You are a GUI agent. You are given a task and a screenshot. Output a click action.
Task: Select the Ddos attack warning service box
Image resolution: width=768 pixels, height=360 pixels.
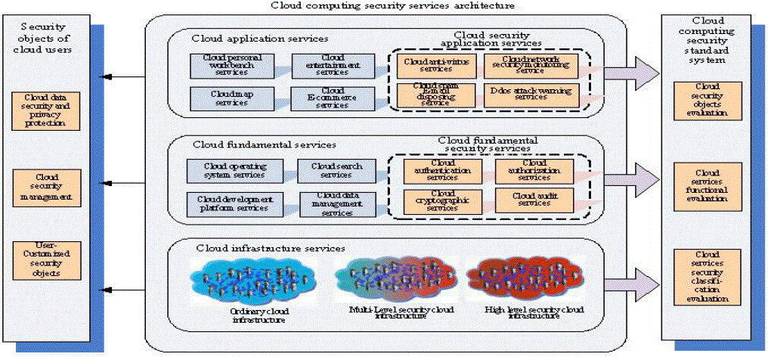(530, 95)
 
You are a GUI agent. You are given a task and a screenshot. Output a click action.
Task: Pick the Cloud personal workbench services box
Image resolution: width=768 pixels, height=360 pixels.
(221, 64)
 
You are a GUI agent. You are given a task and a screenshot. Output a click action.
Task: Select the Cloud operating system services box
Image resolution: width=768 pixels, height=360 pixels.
(234, 170)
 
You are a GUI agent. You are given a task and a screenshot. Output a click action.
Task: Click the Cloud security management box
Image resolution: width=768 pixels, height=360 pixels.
(46, 188)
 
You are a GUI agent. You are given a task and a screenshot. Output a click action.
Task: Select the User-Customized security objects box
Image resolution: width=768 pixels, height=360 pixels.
(46, 261)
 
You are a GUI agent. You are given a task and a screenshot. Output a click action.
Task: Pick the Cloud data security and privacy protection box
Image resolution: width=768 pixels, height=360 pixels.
(46, 110)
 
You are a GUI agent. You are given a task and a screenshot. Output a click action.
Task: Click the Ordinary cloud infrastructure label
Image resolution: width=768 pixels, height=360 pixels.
(259, 315)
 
